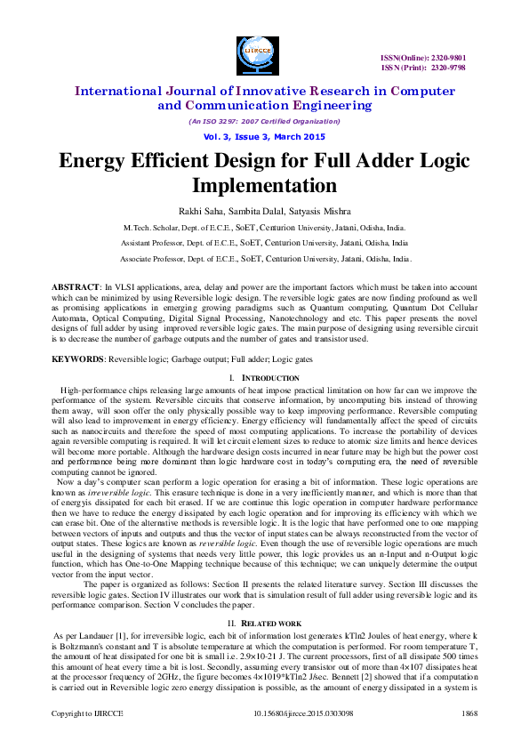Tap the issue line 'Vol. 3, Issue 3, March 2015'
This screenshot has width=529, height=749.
[264, 136]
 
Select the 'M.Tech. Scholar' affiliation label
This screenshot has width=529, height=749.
[152, 229]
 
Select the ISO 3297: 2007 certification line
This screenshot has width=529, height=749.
[264, 121]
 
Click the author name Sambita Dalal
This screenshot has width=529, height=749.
[262, 211]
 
